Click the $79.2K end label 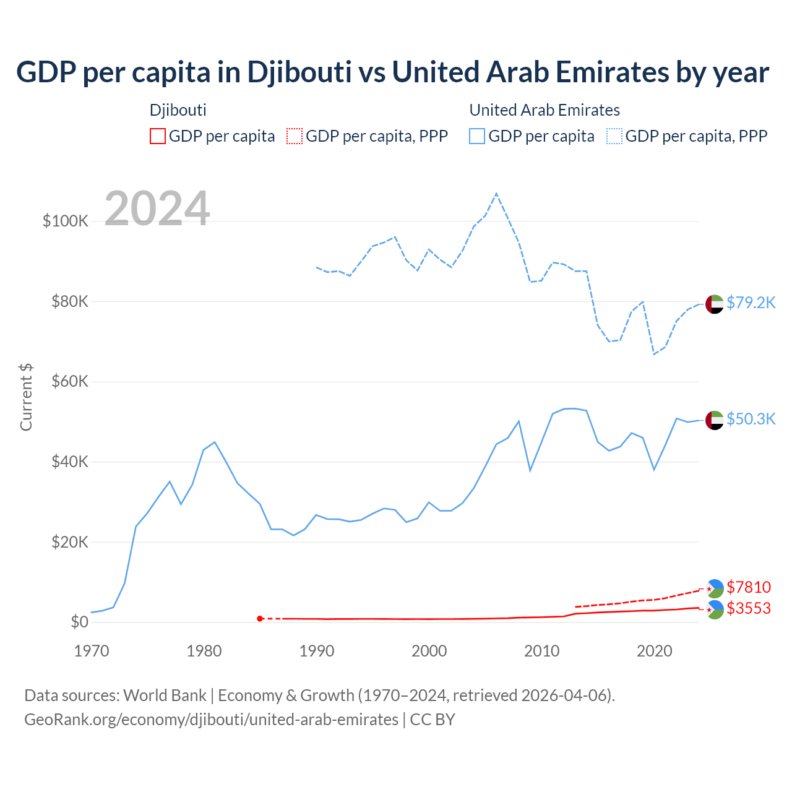[x=751, y=303]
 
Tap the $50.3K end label [x=751, y=419]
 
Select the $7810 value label [x=749, y=587]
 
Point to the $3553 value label [x=749, y=608]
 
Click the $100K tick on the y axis [x=66, y=221]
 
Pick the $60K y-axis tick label [x=69, y=381]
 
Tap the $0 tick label [x=79, y=622]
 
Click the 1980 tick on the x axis [x=204, y=651]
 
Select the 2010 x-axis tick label [x=542, y=651]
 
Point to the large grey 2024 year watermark [x=157, y=209]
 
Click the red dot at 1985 [x=260, y=619]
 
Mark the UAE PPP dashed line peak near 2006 [x=496, y=194]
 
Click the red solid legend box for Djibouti [x=158, y=136]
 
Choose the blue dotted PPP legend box [x=614, y=136]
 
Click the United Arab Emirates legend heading [x=544, y=110]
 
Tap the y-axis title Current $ [x=26, y=397]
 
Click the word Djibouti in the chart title [x=299, y=72]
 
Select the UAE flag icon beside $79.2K [x=714, y=304]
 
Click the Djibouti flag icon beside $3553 [x=714, y=609]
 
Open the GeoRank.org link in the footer [x=211, y=720]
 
